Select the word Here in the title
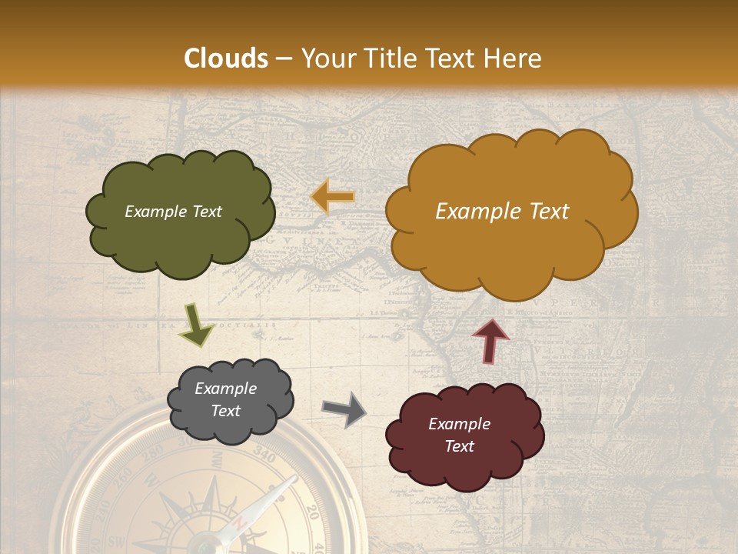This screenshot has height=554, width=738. pyautogui.click(x=513, y=58)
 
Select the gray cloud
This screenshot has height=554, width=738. pyautogui.click(x=230, y=399)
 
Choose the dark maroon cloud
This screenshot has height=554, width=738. pyautogui.click(x=464, y=435)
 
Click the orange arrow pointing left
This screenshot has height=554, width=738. pyautogui.click(x=333, y=197)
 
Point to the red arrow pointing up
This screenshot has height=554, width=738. pyautogui.click(x=491, y=340)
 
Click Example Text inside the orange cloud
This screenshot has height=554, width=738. pyautogui.click(x=502, y=212)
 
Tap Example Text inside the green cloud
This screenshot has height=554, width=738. pyautogui.click(x=173, y=212)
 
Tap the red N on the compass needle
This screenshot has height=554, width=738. pyautogui.click(x=240, y=523)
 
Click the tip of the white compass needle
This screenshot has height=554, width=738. pyautogui.click(x=293, y=479)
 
